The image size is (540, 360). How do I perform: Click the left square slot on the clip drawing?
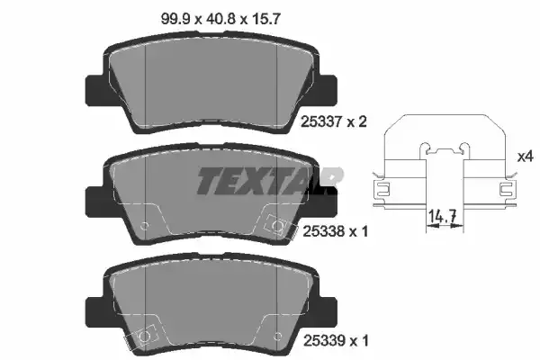pos(382,190)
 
